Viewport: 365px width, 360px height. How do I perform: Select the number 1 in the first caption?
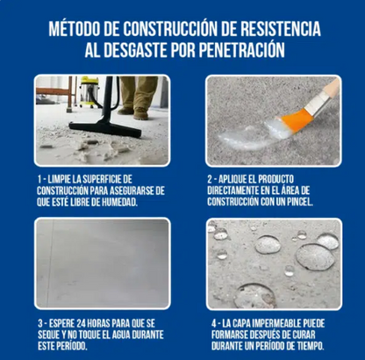(40, 178)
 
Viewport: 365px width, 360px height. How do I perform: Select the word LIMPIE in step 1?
(62, 178)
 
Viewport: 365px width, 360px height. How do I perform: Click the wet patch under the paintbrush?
(254, 133)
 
